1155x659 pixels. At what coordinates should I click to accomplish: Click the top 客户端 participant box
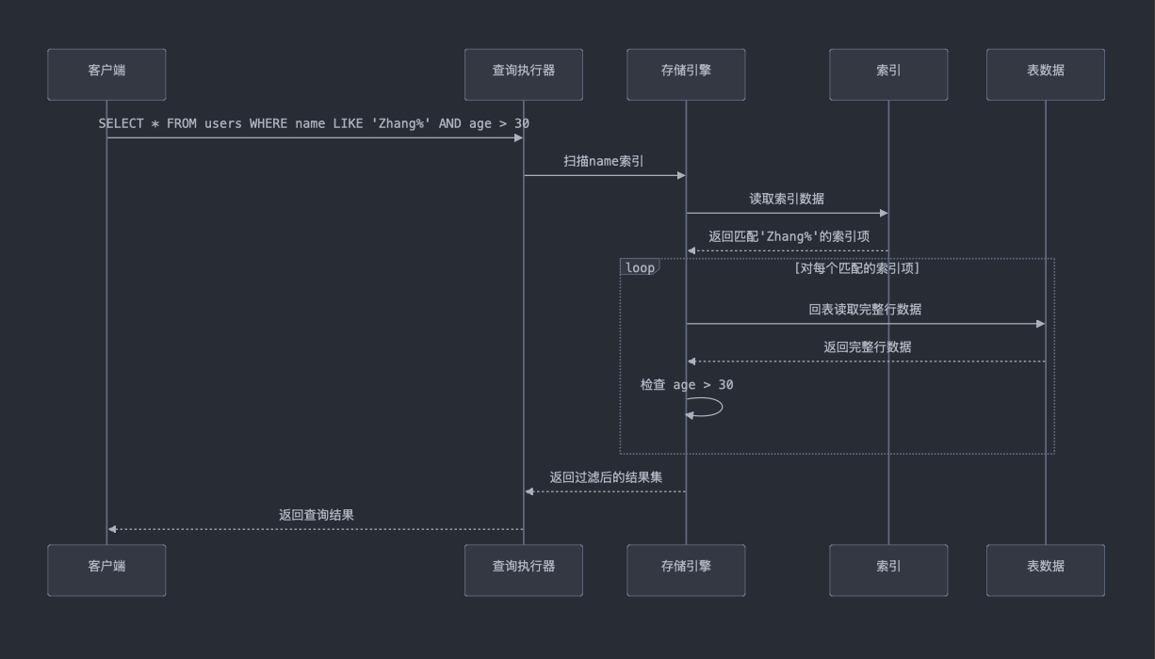106,74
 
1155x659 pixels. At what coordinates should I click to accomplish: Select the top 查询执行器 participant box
523,74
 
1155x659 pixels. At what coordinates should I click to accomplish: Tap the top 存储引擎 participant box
686,74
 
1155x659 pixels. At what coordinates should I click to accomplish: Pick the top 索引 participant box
888,74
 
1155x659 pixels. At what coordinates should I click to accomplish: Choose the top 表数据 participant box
1045,74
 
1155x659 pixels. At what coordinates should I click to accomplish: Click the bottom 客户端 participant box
106,570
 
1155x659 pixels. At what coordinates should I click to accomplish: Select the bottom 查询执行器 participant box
523,570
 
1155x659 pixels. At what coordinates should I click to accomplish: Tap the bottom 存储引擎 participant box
686,570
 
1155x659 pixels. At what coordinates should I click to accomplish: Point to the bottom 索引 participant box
888,570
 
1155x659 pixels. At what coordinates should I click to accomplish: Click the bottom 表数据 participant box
1045,570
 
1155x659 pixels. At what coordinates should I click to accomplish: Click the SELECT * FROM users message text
314,123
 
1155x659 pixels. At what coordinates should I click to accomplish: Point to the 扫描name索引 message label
604,161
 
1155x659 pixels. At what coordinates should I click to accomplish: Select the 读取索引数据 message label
787,199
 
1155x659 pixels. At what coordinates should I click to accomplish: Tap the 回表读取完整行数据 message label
865,309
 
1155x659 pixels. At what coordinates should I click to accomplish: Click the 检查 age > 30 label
687,384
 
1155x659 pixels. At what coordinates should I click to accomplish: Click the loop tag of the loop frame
640,268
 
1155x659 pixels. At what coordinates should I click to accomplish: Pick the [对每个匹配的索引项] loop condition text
856,268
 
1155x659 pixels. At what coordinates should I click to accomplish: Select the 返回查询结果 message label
316,515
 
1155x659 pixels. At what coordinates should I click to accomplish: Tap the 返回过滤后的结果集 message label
606,477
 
